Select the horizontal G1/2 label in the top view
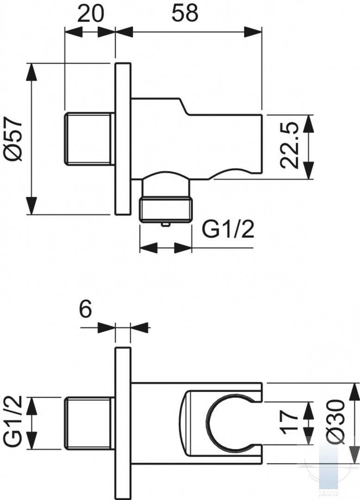[228, 228]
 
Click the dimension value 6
[85, 309]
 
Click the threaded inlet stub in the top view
[90, 139]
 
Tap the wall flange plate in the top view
[123, 139]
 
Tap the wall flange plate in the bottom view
[123, 423]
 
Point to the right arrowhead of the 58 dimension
[253, 32]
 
